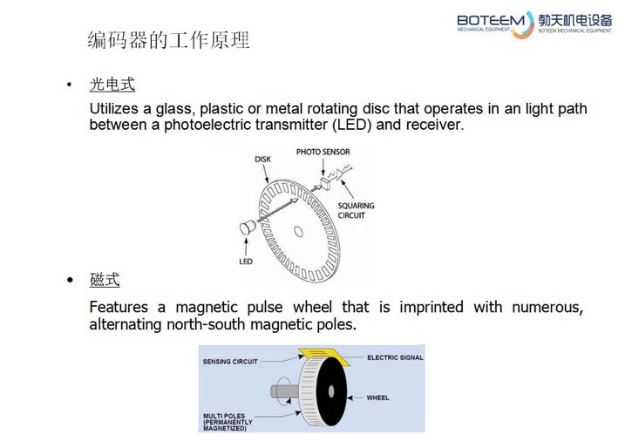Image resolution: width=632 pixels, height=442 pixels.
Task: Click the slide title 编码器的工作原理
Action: coord(168,40)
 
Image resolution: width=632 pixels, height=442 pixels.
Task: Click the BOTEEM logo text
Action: coord(491,20)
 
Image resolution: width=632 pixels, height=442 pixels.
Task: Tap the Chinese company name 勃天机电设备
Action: coord(575,20)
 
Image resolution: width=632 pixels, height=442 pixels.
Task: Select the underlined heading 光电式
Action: coord(112,85)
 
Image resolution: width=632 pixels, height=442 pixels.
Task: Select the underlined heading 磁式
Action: coord(105,279)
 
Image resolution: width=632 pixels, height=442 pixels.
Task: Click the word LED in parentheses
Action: coord(351,125)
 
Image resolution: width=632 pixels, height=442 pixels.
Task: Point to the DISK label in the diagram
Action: coord(262,160)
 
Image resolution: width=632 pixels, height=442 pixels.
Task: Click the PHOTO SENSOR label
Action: coord(323,152)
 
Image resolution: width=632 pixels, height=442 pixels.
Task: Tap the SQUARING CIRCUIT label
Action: coord(356,210)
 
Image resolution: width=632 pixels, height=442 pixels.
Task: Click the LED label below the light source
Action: coord(246,262)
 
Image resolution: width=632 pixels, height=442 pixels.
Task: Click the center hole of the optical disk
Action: coord(298,231)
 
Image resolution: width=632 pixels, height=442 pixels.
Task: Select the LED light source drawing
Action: coord(248,228)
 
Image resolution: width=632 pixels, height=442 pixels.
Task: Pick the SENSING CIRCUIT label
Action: coord(230,362)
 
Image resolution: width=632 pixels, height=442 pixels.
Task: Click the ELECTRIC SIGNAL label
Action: coord(395,357)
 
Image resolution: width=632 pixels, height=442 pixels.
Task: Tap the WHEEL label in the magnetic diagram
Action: coord(377,398)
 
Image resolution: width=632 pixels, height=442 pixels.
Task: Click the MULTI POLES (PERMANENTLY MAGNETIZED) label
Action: coord(228,422)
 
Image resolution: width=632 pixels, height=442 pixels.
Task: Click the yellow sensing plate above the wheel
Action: coord(323,356)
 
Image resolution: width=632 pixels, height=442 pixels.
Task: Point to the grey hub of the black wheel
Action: coord(331,391)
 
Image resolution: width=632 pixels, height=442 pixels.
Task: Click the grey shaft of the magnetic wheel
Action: coord(284,391)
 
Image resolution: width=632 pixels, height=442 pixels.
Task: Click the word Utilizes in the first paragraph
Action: coord(113,109)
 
